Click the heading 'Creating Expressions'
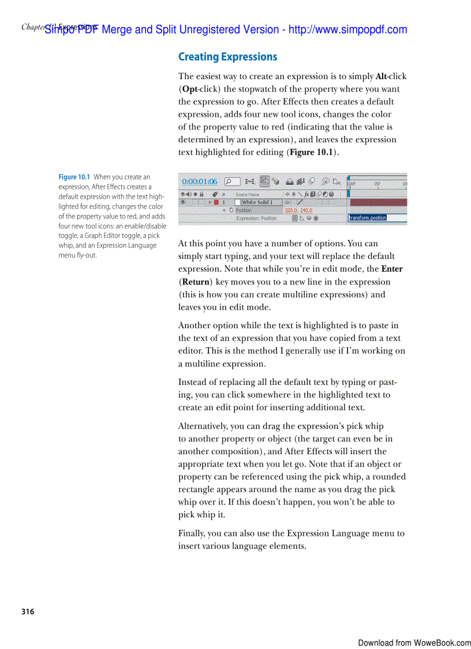pos(227,57)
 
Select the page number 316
pos(28,611)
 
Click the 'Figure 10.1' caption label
pos(74,177)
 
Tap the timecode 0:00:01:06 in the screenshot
pos(200,181)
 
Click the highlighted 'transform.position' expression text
pos(368,218)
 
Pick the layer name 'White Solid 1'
pos(257,203)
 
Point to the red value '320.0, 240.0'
pos(298,211)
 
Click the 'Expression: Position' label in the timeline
pos(256,218)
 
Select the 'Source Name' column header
pos(247,195)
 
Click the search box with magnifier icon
pos(232,181)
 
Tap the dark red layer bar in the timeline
pos(377,203)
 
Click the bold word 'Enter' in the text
pos(392,269)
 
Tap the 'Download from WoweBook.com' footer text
pos(414,643)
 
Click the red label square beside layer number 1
pos(216,203)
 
